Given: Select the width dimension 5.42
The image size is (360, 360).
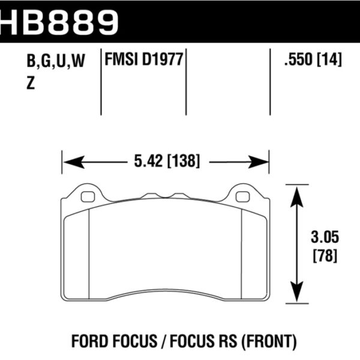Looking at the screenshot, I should pos(142,161).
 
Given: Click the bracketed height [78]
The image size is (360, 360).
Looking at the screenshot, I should pos(324,256).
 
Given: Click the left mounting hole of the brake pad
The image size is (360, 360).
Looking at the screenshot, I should pos(87,196).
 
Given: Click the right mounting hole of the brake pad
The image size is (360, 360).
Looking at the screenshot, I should pos(242,196).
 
